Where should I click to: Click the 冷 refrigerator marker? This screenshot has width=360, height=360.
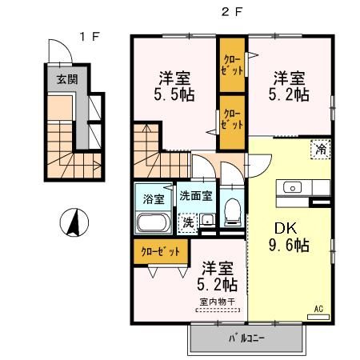pyautogui.click(x=320, y=148)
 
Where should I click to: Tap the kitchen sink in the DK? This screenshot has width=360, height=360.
pyautogui.click(x=293, y=188)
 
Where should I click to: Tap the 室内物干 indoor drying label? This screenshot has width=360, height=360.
pyautogui.click(x=215, y=301)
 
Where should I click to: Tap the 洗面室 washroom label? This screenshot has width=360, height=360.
pyautogui.click(x=195, y=194)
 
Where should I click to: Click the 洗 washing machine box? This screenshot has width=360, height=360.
pyautogui.click(x=188, y=220)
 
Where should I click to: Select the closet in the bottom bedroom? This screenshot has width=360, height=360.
pyautogui.click(x=162, y=251)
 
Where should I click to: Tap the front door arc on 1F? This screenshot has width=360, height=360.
pyautogui.click(x=58, y=51)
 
